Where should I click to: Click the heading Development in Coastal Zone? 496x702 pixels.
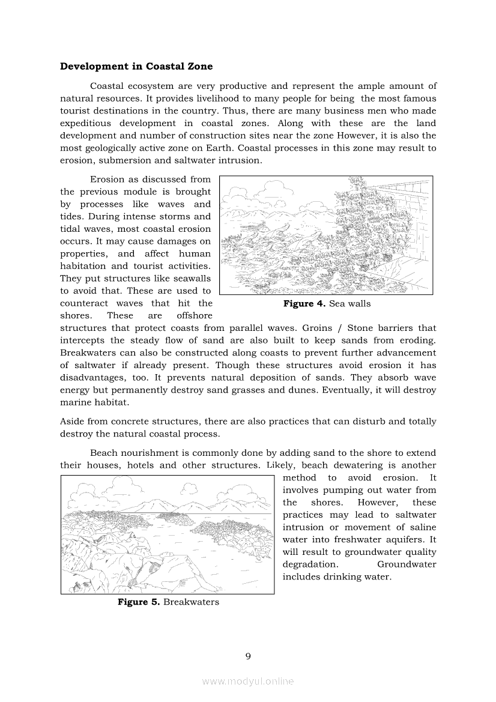136,66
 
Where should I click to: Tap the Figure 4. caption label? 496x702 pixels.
304,304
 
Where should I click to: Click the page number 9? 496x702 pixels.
248,656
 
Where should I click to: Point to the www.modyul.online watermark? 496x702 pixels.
248,681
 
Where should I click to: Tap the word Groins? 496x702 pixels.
318,328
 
